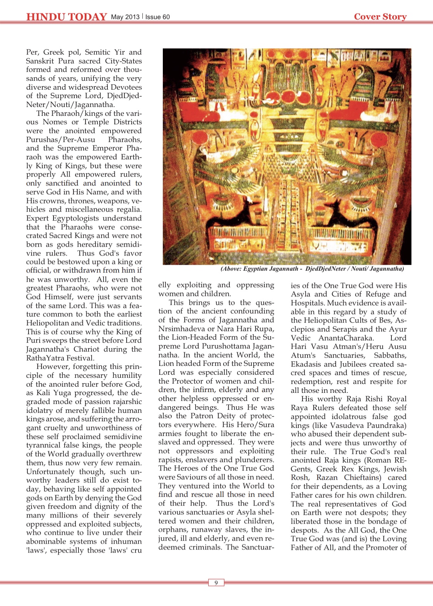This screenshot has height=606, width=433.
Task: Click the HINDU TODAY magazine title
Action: [66, 17]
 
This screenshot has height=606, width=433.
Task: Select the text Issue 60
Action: [157, 17]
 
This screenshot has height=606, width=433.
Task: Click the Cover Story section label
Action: [380, 17]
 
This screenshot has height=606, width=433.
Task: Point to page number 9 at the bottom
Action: [216, 583]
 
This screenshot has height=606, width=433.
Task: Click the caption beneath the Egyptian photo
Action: [312, 269]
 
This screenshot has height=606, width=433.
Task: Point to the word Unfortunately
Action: [50, 472]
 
